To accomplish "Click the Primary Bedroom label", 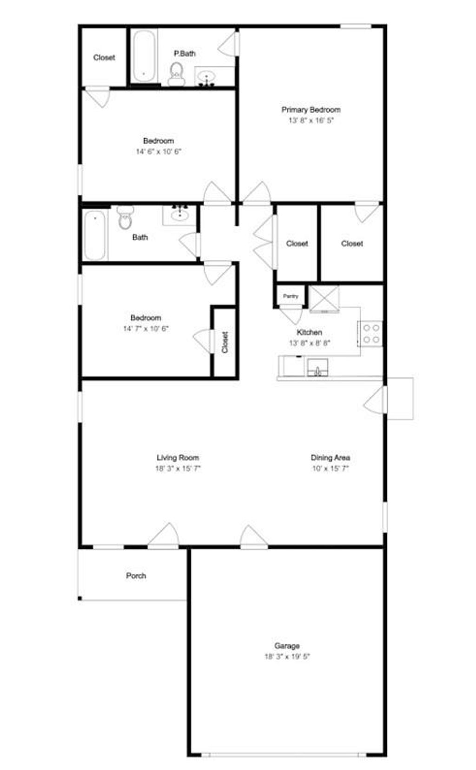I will pos(311,110).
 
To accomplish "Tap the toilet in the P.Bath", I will pos(177,74).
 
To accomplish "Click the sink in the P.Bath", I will pos(206,76).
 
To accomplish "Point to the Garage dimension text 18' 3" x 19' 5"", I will pos(287,657).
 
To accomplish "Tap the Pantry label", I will pos(291,296).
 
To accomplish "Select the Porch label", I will pos(136,576).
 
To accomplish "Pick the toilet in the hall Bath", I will pos(125,219).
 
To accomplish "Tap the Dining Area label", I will pos(330,458).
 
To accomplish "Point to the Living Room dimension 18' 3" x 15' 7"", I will pos(178,468).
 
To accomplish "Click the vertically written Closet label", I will pos(225,342).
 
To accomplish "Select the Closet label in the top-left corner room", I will pos(104,58).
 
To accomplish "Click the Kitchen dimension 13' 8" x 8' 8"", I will pos(310,343).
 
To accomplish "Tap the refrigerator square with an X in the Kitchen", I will pos(324,298).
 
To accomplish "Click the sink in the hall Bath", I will pos(179,215).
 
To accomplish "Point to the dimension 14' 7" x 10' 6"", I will pos(145,328).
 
